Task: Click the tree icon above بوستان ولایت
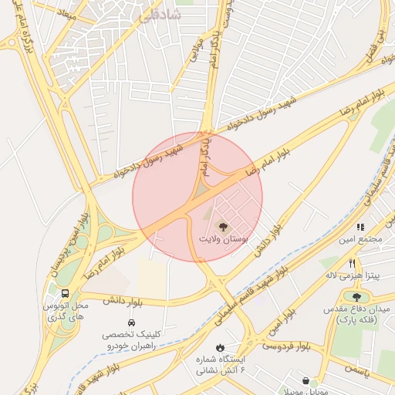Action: click(x=223, y=227)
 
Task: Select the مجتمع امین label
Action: click(x=366, y=239)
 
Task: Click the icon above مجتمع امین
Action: click(x=360, y=227)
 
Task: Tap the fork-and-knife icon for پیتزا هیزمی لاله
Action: click(x=352, y=263)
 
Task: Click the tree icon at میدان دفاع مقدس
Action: click(x=356, y=296)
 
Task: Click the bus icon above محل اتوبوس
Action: click(x=65, y=294)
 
